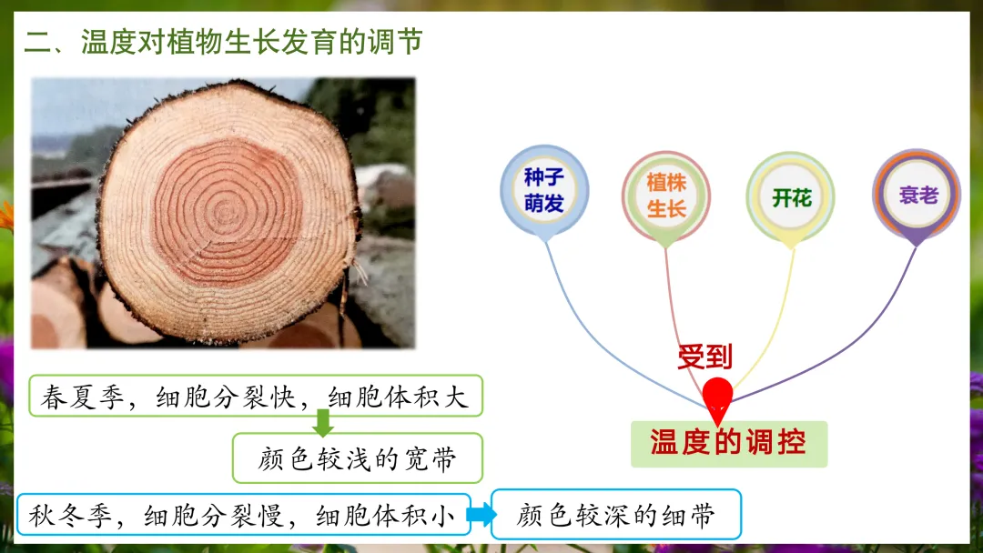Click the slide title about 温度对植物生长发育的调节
[x=223, y=43]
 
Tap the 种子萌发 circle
[x=544, y=189]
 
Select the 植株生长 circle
[x=665, y=196]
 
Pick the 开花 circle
[x=791, y=197]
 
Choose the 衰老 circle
[x=917, y=194]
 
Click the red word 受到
[x=705, y=357]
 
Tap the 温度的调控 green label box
[x=729, y=444]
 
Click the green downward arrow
[x=323, y=423]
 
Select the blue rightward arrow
[x=481, y=514]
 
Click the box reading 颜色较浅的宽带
[x=358, y=458]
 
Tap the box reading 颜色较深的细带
[x=616, y=515]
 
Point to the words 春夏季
[x=83, y=397]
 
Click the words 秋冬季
[x=70, y=516]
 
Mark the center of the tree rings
[x=226, y=212]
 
